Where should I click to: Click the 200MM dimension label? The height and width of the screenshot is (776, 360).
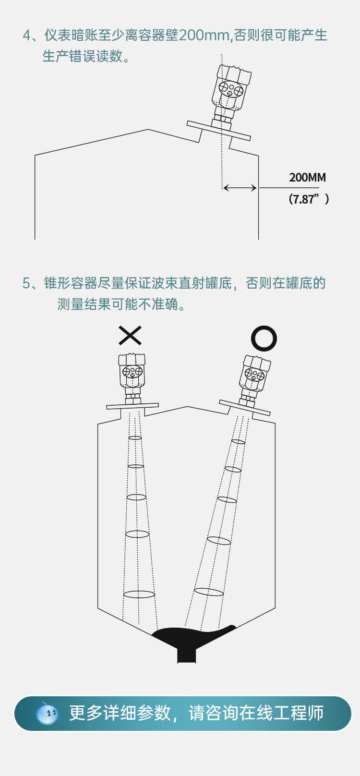point(307,177)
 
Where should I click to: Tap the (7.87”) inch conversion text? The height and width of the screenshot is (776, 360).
point(309,199)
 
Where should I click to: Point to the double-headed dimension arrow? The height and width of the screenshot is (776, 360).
point(240,188)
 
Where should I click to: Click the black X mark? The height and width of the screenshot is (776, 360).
point(130,335)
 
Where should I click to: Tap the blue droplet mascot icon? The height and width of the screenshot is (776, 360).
point(47,713)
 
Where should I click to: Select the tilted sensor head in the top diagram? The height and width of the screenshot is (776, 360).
point(231,89)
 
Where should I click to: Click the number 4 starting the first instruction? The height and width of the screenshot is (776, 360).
point(27,36)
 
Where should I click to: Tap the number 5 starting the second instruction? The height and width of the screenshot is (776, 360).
point(27,283)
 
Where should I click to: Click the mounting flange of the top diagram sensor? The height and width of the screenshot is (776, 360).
point(218,131)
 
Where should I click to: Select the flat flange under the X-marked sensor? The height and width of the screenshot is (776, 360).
point(132,406)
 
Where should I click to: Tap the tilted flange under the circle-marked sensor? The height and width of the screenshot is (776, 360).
point(245,407)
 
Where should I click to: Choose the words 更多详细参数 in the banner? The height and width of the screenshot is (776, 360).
point(120,713)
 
